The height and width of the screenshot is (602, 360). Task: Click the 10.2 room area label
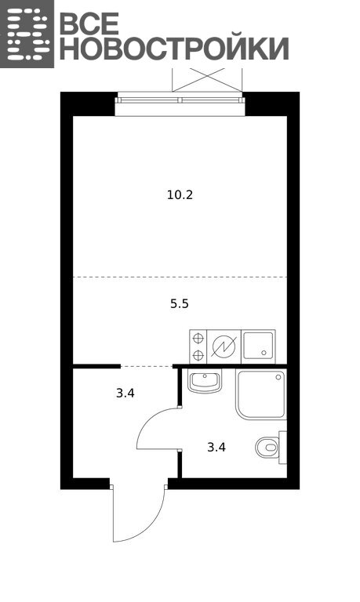pyautogui.click(x=180, y=195)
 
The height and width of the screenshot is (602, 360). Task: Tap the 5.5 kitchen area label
pyautogui.click(x=180, y=304)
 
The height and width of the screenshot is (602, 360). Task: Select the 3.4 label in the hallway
pyautogui.click(x=125, y=393)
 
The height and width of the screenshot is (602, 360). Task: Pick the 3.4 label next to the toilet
pyautogui.click(x=216, y=448)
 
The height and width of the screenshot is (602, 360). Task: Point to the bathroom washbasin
pyautogui.click(x=205, y=381)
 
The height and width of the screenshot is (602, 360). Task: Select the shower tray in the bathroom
pyautogui.click(x=262, y=394)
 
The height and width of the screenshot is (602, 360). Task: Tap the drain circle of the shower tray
pyautogui.click(x=278, y=378)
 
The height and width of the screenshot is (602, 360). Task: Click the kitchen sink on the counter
pyautogui.click(x=258, y=346)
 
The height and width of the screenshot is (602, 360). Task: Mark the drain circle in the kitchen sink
pyautogui.click(x=264, y=353)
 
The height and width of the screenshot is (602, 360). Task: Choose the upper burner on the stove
pyautogui.click(x=198, y=339)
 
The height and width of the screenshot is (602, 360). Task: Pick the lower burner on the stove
pyautogui.click(x=198, y=355)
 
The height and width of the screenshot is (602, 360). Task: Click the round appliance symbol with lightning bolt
pyautogui.click(x=224, y=346)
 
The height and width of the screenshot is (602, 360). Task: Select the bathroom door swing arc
pyautogui.click(x=146, y=422)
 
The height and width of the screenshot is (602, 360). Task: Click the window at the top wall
pyautogui.click(x=180, y=100)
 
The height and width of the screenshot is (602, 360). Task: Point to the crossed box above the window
pyautogui.click(x=207, y=79)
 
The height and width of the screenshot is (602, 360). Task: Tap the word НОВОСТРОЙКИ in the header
pyautogui.click(x=174, y=49)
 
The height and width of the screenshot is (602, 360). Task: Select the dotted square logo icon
pyautogui.click(x=27, y=34)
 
